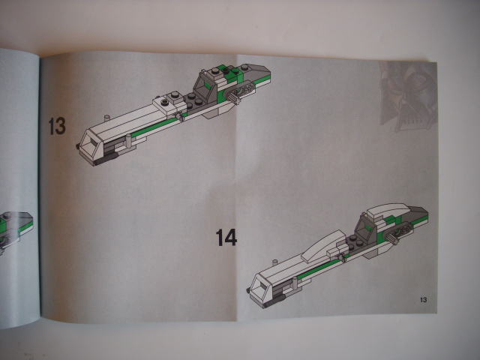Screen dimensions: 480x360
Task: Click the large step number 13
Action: (57, 126)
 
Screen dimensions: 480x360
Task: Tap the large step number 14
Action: (226, 237)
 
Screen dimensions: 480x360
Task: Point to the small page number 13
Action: (423, 300)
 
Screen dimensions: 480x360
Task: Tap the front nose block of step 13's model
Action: (91, 146)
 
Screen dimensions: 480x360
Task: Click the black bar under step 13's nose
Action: (106, 159)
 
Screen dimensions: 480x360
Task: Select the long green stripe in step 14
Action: (322, 265)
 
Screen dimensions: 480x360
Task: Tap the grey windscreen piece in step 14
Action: (366, 229)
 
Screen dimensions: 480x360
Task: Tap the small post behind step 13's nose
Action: (106, 118)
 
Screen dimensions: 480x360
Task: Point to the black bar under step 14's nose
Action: (274, 301)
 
